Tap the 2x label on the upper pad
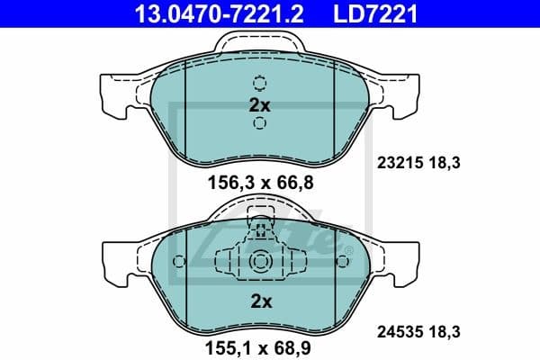coord(259,105)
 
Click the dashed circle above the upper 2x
coord(259,84)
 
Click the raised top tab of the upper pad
coord(259,40)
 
